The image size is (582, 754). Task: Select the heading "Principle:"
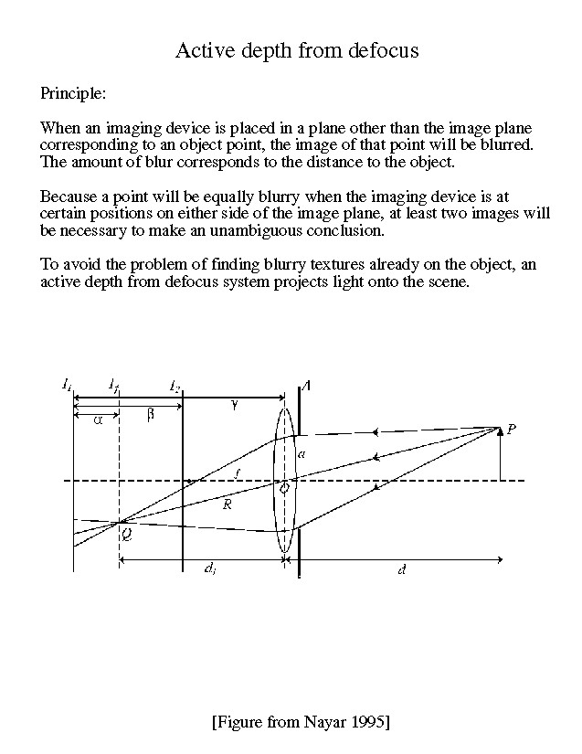73,93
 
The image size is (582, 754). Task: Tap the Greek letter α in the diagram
98,419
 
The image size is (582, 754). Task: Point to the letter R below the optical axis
228,504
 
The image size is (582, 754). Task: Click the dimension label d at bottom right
402,569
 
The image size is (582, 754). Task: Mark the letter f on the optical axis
238,473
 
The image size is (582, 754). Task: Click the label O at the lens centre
285,488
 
